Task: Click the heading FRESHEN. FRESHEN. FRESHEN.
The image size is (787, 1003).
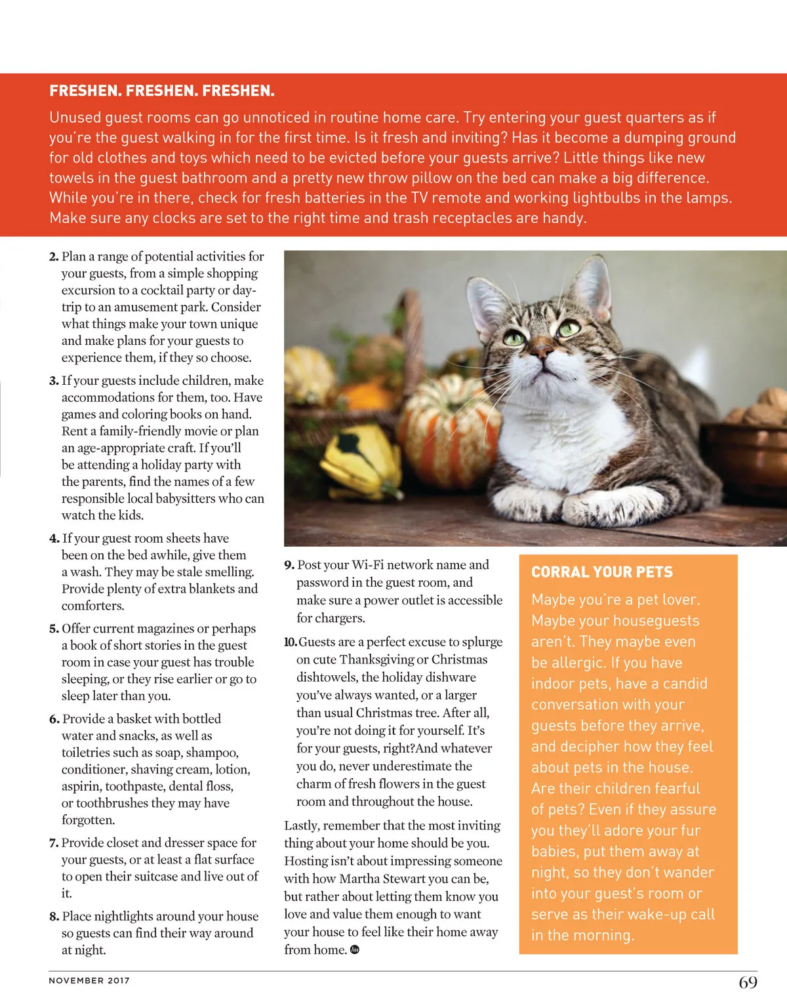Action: coord(161,90)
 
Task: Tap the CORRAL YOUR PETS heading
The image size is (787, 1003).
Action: coord(601,572)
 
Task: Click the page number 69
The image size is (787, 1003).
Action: coord(748,982)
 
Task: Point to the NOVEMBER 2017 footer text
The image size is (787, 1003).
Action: coord(89,981)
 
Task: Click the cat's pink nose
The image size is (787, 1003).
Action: coord(542,351)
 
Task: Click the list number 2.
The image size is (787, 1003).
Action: coord(53,257)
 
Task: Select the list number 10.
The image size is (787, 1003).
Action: coord(290,642)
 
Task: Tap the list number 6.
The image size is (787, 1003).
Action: coord(54,719)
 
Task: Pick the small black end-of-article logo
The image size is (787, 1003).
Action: coord(355,950)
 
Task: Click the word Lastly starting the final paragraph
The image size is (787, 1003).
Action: coord(302,826)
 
